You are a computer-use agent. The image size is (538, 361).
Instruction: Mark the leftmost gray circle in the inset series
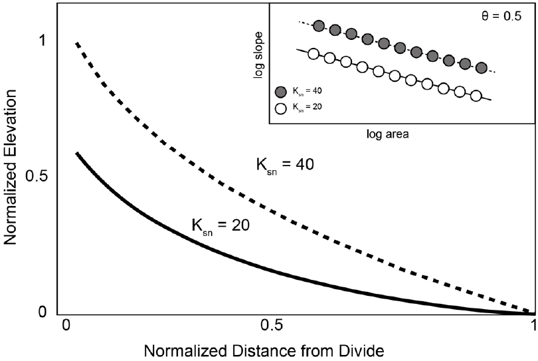(319, 27)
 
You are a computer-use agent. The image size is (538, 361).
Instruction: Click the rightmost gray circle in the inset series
(482, 68)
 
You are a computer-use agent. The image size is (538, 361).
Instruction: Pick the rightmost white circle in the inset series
(476, 96)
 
